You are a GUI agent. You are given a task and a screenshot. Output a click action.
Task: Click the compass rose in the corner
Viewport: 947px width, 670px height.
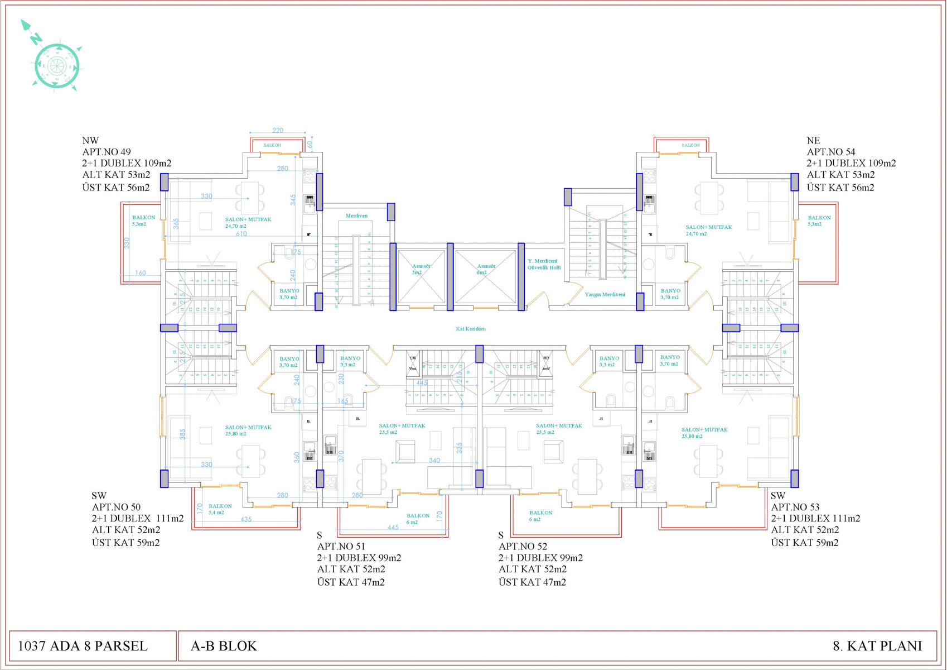pyautogui.click(x=56, y=65)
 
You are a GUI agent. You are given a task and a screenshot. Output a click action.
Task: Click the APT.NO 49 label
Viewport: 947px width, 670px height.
pyautogui.click(x=107, y=152)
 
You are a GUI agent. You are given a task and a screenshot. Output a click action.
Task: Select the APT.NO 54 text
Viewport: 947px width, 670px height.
pyautogui.click(x=830, y=152)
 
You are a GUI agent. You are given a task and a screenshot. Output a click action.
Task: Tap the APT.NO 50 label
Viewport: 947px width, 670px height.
pyautogui.click(x=116, y=507)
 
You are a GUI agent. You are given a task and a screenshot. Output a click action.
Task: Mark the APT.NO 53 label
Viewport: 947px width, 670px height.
pyautogui.click(x=795, y=507)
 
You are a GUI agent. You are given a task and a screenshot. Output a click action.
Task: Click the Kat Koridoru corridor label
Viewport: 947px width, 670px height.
pyautogui.click(x=471, y=329)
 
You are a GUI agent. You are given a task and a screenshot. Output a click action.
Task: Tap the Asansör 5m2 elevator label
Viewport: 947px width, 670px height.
pyautogui.click(x=421, y=269)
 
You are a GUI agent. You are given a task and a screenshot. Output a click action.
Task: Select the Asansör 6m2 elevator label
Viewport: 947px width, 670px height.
pyautogui.click(x=485, y=269)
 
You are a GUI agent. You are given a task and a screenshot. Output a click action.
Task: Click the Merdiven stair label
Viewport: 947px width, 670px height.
pyautogui.click(x=356, y=216)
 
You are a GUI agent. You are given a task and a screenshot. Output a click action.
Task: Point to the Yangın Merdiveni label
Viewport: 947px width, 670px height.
pyautogui.click(x=605, y=294)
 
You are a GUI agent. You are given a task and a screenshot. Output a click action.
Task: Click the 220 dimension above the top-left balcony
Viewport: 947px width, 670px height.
pyautogui.click(x=278, y=130)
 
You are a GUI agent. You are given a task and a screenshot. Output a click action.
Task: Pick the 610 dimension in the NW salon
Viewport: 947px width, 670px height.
pyautogui.click(x=241, y=234)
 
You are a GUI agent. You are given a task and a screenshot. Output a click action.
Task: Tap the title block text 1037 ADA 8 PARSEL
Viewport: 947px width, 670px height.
pyautogui.click(x=83, y=646)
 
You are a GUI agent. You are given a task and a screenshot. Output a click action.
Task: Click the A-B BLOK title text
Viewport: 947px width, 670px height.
pyautogui.click(x=224, y=646)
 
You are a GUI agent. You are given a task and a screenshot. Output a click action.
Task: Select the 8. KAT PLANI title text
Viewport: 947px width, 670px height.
pyautogui.click(x=877, y=646)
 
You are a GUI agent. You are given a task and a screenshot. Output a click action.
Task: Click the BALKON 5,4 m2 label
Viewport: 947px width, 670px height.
pyautogui.click(x=220, y=509)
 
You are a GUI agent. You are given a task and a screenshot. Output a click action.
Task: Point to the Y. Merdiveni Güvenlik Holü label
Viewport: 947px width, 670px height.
pyautogui.click(x=544, y=264)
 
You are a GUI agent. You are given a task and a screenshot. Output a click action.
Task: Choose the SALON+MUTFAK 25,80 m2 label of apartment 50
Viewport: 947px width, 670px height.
pyautogui.click(x=248, y=430)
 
